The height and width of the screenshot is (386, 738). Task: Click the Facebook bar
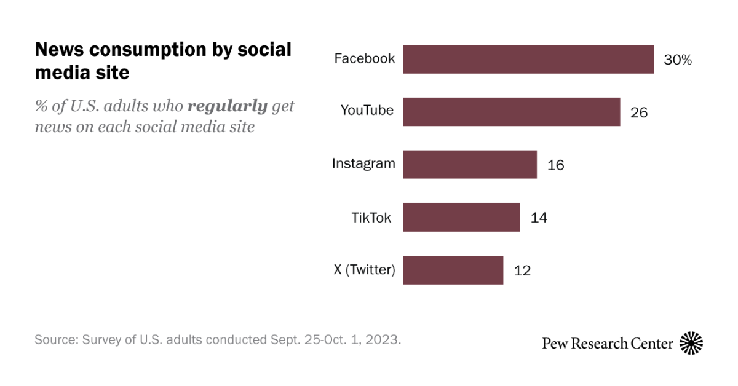[528, 59]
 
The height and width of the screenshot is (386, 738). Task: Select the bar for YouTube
[511, 112]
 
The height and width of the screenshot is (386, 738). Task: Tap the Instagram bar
[469, 165]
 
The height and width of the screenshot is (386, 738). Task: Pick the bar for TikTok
[461, 217]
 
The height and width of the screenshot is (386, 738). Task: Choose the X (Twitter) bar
[453, 270]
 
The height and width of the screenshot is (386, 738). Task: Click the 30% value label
[678, 60]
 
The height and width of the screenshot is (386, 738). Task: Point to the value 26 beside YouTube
[639, 112]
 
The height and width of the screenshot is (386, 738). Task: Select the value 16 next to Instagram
[555, 165]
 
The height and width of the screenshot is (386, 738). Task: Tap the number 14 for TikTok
[539, 218]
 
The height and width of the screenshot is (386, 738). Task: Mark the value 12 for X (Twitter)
[522, 270]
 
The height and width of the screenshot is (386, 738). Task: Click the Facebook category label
[364, 59]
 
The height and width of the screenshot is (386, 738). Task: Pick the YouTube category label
[367, 111]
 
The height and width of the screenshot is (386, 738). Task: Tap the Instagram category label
[363, 163]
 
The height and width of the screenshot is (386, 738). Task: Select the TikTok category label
[371, 217]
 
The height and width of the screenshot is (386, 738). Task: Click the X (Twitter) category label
[363, 269]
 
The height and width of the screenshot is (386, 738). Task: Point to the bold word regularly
[227, 106]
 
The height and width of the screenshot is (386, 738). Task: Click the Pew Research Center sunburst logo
[691, 343]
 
